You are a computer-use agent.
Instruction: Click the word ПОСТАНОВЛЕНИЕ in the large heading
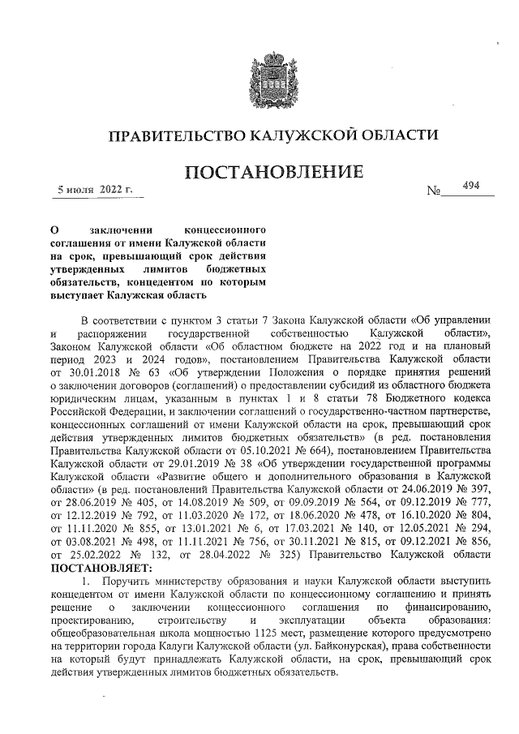coord(273,173)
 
